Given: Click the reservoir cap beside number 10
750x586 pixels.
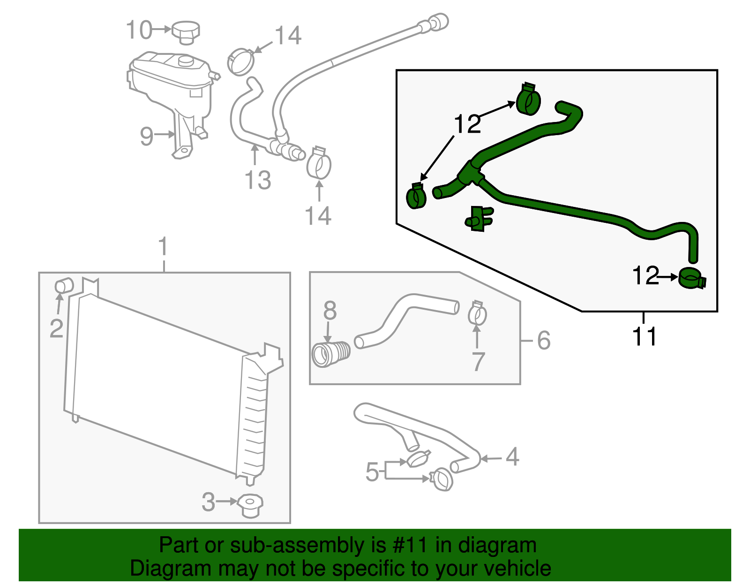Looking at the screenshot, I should coord(186,32).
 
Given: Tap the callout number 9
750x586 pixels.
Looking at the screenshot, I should coord(147,136).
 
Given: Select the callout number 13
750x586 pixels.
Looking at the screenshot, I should coord(258,180).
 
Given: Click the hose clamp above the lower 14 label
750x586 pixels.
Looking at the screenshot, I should coord(319,163).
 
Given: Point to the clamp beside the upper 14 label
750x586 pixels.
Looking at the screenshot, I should coord(240,61).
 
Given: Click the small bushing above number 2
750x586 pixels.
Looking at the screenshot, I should coord(64,285).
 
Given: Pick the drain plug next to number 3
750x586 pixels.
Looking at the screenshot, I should coord(250,505).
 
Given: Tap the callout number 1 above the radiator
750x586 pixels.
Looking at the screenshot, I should coord(163,247).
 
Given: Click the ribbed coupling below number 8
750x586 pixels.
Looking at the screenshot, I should coord(330,354).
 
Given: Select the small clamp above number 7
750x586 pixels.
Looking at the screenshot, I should coord(477,313).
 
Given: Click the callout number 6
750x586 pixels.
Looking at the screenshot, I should coord(543,340).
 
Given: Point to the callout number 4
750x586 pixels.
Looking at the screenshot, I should coord(512,457).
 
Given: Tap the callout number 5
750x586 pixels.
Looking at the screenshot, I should coord(372,472).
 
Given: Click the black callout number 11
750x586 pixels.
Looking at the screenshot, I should coord(645,336).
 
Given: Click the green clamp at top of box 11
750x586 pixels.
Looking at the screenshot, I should coord(528,99).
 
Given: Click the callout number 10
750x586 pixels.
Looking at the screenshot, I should coord(139,30).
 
